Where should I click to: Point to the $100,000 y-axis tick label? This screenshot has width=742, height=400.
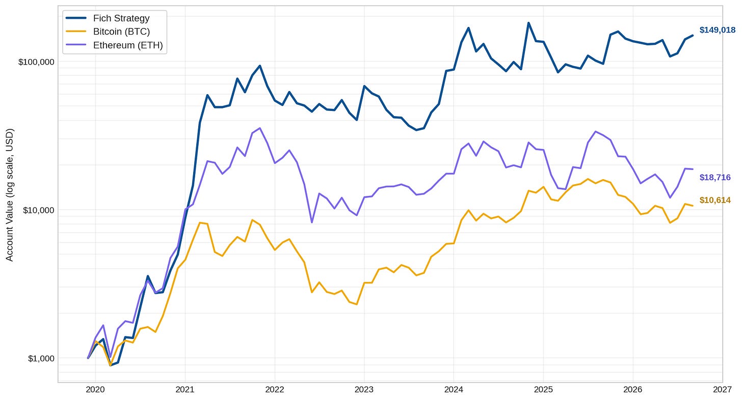pos(36,62)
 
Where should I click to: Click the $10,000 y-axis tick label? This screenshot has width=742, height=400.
pos(38,210)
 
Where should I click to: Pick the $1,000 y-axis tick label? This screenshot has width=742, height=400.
pos(41,358)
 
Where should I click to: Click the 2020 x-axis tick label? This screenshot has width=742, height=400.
pos(95,390)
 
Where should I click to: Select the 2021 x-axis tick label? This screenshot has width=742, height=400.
pos(185,390)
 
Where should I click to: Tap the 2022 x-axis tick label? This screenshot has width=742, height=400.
pos(275,390)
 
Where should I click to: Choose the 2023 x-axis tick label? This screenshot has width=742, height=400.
pos(364,390)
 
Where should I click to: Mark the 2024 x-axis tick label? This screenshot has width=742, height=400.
pos(454,390)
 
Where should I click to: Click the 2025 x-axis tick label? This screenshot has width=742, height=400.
pos(543,390)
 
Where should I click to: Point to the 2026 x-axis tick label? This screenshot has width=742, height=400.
pos(633,390)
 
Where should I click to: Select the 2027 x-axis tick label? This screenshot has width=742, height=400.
pos(723,390)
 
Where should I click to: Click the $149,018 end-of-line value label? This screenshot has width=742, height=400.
pos(718,30)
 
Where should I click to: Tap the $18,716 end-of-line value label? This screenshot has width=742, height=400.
pos(715,178)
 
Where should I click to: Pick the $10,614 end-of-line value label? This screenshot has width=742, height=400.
pos(715,200)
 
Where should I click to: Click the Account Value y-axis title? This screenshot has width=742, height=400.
pos(10,195)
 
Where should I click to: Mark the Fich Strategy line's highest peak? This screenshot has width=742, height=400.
pos(528,23)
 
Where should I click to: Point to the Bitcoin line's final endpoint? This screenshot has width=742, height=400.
pos(692,206)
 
